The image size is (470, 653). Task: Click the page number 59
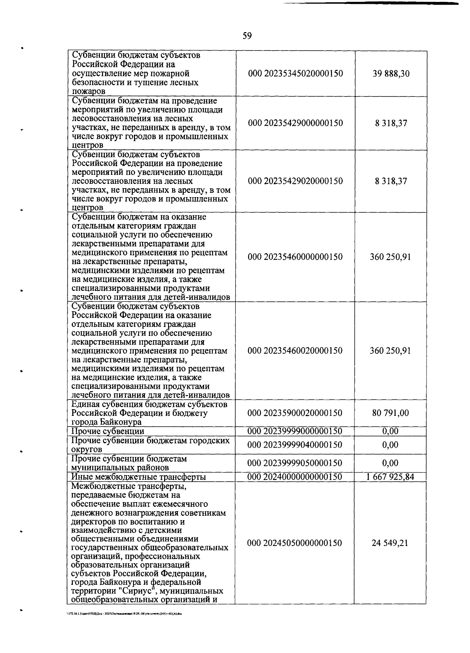pyautogui.click(x=247, y=36)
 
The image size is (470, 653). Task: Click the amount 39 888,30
pyautogui.click(x=391, y=74)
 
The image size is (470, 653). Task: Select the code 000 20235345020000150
pyautogui.click(x=295, y=74)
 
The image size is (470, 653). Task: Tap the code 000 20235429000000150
pyautogui.click(x=295, y=123)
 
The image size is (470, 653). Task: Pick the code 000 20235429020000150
pyautogui.click(x=295, y=181)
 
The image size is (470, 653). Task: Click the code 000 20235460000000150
pyautogui.click(x=295, y=257)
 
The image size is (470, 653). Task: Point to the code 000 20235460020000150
pyautogui.click(x=295, y=350)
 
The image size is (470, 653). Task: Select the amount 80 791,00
pyautogui.click(x=390, y=413)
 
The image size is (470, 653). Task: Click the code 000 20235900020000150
pyautogui.click(x=295, y=413)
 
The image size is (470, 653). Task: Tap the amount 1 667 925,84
pyautogui.click(x=390, y=477)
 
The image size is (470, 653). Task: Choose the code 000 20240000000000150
pyautogui.click(x=295, y=477)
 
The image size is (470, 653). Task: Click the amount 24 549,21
pyautogui.click(x=390, y=543)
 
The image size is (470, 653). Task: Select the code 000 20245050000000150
pyautogui.click(x=295, y=543)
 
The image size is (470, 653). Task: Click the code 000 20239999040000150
pyautogui.click(x=295, y=445)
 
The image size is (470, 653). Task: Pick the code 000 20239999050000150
pyautogui.click(x=295, y=463)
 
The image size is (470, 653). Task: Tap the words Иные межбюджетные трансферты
pyautogui.click(x=139, y=477)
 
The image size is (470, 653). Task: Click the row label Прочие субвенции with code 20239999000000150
pyautogui.click(x=108, y=431)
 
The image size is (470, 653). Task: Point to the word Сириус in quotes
pyautogui.click(x=125, y=591)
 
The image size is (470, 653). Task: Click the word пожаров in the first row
pyautogui.click(x=89, y=92)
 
